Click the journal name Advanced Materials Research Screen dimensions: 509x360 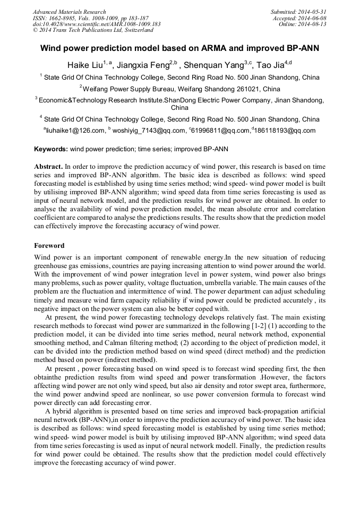[70, 12]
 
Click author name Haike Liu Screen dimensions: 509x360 [84, 65]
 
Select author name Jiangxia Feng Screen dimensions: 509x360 [142, 65]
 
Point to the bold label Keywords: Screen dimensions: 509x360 [51, 150]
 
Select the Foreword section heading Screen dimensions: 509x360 [49, 246]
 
